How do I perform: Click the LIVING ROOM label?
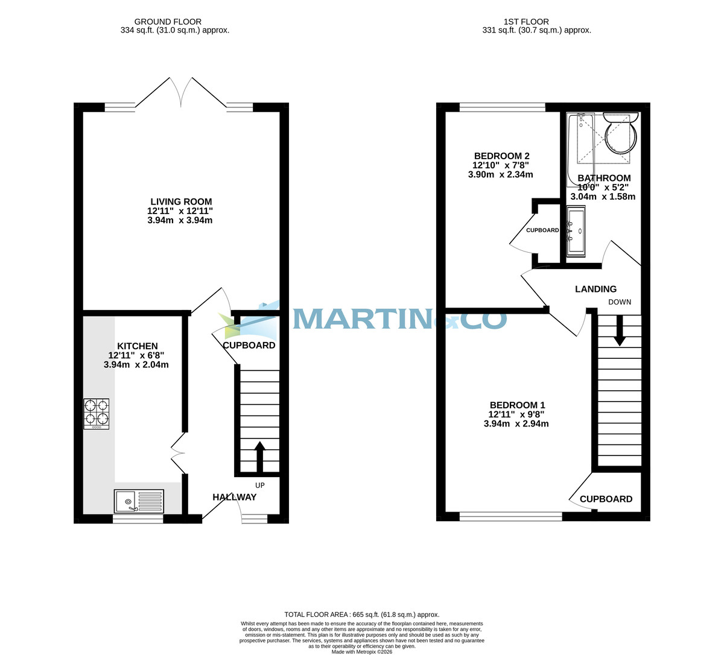(181, 201)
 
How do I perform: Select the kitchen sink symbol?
(139, 501)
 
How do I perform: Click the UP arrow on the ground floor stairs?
(260, 457)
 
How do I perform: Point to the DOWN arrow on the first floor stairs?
(620, 333)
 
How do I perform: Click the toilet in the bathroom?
(621, 133)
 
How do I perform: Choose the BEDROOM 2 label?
(501, 156)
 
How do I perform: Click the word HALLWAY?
(234, 497)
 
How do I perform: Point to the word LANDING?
(595, 289)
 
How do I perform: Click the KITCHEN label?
(137, 346)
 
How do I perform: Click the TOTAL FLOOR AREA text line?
(361, 615)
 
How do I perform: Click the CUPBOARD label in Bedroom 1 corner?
(606, 499)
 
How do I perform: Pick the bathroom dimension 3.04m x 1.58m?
(603, 197)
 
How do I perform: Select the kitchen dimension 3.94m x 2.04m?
(136, 364)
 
